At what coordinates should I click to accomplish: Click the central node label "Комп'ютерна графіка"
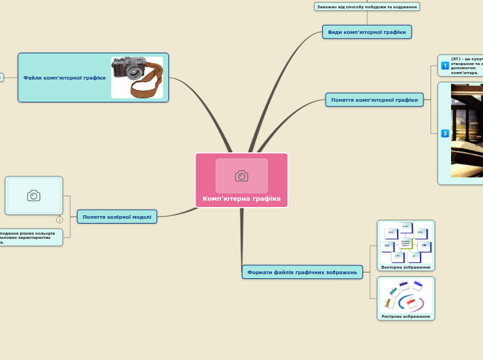pyautogui.click(x=241, y=199)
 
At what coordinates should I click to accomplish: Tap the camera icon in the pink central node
pyautogui.click(x=241, y=176)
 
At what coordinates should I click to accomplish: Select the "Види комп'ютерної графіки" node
pyautogui.click(x=367, y=32)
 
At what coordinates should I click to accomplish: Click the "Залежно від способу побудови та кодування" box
pyautogui.click(x=367, y=7)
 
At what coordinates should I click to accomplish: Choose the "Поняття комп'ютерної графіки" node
pyautogui.click(x=374, y=100)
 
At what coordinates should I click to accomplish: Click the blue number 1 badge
pyautogui.click(x=445, y=65)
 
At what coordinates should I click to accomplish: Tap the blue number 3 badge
pyautogui.click(x=445, y=133)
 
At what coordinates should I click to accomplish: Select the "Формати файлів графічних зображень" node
pyautogui.click(x=302, y=272)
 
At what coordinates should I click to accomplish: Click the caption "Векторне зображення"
pyautogui.click(x=405, y=267)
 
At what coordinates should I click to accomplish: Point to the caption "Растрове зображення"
pyautogui.click(x=405, y=316)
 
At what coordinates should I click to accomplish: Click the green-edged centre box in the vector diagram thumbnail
pyautogui.click(x=406, y=243)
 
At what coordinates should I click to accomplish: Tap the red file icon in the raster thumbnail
pyautogui.click(x=411, y=303)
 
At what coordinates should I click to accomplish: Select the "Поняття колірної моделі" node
pyautogui.click(x=116, y=217)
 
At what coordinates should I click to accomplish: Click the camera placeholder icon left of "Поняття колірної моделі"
pyautogui.click(x=33, y=195)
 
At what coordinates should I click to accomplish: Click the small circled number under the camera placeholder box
pyautogui.click(x=60, y=219)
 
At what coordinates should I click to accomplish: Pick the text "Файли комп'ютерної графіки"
pyautogui.click(x=64, y=78)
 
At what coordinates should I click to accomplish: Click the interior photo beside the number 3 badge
pyautogui.click(x=466, y=132)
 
